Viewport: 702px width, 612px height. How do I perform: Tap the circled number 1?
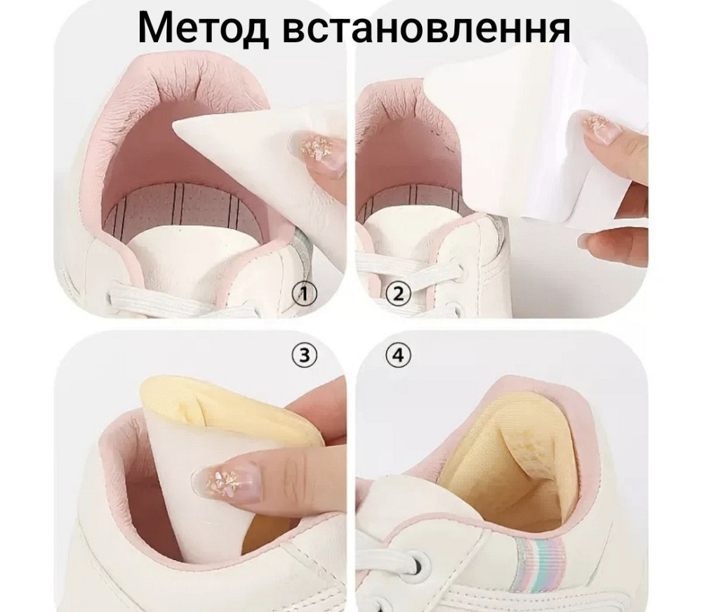click(x=304, y=293)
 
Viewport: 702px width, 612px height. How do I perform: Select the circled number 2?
click(x=399, y=293)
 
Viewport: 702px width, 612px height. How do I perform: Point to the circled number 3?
click(x=304, y=355)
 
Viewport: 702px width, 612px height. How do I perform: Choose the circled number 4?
click(x=398, y=355)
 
